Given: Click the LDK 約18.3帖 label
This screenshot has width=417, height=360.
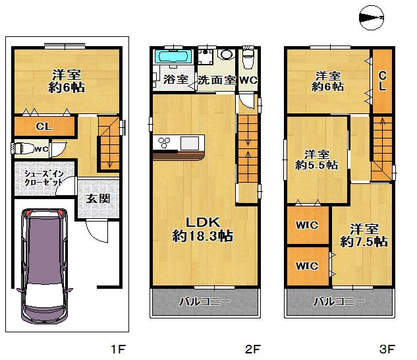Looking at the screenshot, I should pos(202,227).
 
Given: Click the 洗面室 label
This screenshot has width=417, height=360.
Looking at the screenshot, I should pos(216,80).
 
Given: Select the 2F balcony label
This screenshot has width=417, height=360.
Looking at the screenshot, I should pos(205,303).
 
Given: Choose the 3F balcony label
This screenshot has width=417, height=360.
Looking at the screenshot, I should pos(339,303).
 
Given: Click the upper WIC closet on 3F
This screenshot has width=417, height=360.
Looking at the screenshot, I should pos(307,225).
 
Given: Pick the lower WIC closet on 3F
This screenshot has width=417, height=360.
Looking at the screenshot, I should pos(307,266).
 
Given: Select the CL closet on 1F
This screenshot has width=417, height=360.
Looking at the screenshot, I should pos(44,125).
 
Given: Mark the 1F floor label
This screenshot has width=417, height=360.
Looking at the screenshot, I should pos(117,348).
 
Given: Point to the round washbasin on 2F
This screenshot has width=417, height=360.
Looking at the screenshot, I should pos(226,55).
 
